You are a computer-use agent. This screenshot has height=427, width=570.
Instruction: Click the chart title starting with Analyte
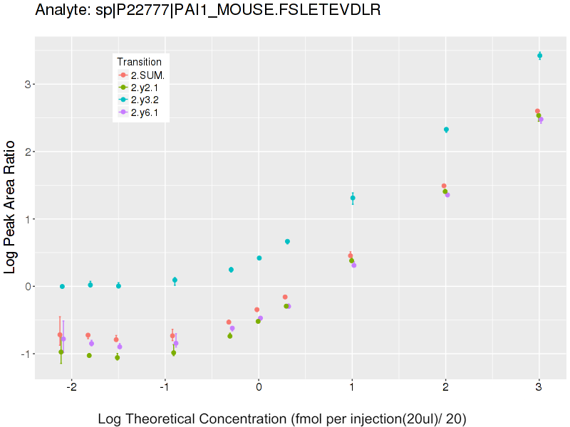coord(207,10)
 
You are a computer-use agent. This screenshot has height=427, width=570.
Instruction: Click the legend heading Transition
coord(144,61)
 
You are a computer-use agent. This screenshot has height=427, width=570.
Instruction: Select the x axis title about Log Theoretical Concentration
coord(282,418)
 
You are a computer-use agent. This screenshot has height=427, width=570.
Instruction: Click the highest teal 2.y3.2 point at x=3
coord(540,56)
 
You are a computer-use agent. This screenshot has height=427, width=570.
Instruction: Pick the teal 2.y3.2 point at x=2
coord(446,130)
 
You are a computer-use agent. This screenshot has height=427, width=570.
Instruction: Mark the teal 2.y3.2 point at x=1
coord(353,198)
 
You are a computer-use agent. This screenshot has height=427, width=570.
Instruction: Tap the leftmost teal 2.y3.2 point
coord(63,286)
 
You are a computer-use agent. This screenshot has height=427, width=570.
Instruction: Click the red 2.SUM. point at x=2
coord(444,186)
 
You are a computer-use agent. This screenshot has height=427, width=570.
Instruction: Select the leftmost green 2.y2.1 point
coord(61,352)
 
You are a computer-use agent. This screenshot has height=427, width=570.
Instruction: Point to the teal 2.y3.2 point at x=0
coord(259,258)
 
